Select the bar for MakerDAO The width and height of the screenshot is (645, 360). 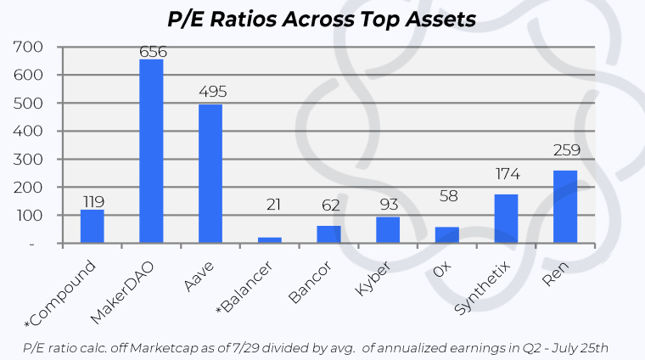(x=152, y=151)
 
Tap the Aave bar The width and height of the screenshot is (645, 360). (x=210, y=174)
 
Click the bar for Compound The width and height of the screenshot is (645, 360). (x=93, y=227)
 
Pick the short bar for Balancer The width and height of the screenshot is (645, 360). (x=270, y=240)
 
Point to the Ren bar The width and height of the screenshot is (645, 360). (x=566, y=207)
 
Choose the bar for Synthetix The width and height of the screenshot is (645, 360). (x=507, y=219)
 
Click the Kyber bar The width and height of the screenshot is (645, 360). (x=389, y=230)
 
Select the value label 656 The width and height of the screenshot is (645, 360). (x=152, y=51)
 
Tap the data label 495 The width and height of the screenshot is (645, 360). (x=210, y=92)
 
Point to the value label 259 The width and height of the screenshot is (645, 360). (x=566, y=151)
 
